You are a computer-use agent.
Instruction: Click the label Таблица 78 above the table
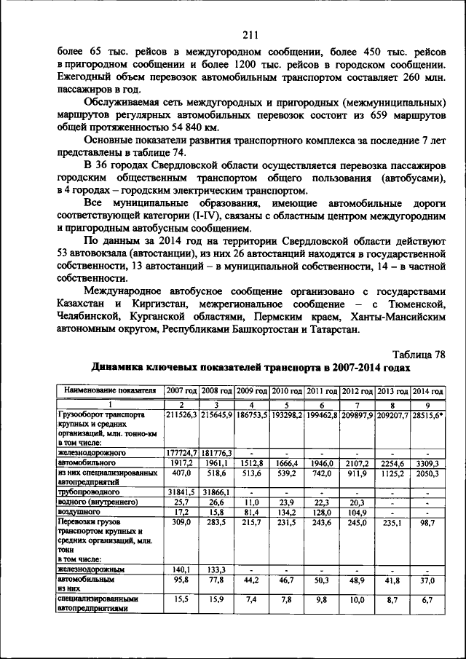tap(419, 355)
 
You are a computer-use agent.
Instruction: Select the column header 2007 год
tap(182, 391)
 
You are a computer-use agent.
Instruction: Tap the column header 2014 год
tap(427, 391)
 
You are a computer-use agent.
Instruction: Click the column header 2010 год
tap(287, 391)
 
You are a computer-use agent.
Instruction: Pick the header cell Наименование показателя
tap(110, 391)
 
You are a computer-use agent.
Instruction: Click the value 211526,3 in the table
tap(182, 414)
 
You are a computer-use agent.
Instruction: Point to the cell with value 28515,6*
tap(427, 414)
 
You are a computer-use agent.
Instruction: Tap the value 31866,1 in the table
tap(217, 492)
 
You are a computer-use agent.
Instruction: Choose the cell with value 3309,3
tap(427, 462)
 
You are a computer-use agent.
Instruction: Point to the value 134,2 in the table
tap(287, 512)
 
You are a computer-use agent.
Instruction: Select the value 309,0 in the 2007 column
tap(182, 522)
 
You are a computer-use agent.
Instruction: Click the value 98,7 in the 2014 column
tap(427, 522)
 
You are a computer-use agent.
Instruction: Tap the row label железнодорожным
tap(91, 569)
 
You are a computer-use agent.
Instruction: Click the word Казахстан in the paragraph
tap(86, 302)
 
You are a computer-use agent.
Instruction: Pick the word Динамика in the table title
tap(117, 368)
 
